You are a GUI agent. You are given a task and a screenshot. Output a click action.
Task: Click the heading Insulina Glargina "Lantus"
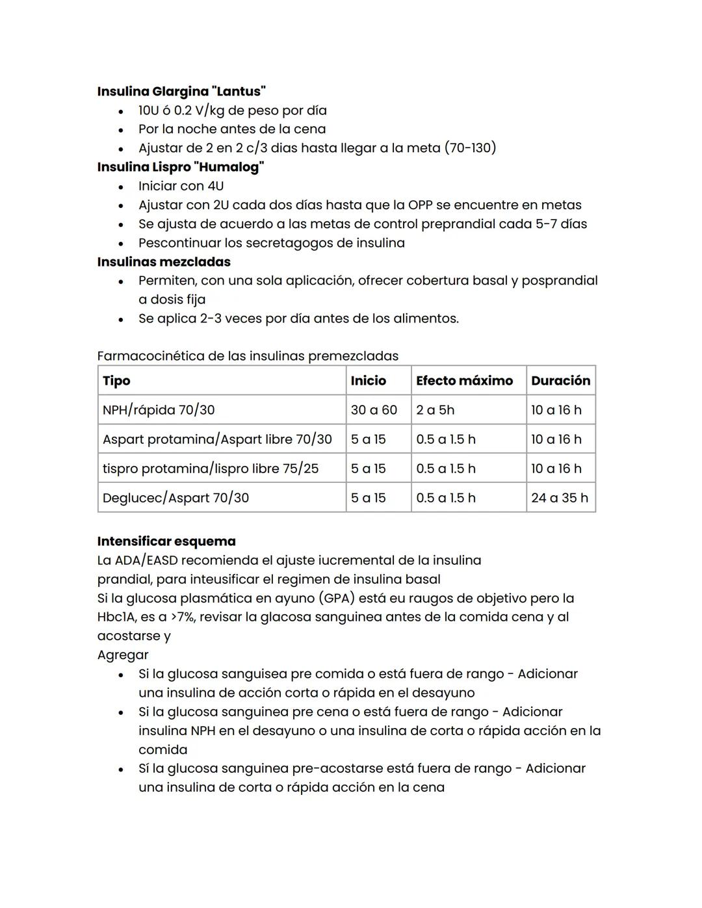tap(181, 92)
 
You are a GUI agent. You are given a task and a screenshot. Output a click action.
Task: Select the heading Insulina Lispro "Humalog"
tap(180, 167)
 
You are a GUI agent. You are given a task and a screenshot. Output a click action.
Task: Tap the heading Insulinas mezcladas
tap(164, 262)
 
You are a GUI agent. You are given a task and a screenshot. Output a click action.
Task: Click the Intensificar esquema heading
tap(166, 541)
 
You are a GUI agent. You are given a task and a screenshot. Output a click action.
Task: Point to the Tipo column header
tap(116, 381)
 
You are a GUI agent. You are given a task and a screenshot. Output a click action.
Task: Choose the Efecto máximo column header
tap(464, 381)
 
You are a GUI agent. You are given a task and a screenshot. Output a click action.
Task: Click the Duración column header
tap(560, 381)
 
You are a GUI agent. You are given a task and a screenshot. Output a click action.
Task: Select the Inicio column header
tap(368, 381)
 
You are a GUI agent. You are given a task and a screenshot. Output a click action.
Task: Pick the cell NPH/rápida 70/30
tap(159, 410)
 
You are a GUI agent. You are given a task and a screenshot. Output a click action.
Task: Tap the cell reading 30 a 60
tap(374, 410)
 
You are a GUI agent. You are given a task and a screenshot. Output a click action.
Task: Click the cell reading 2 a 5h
tap(435, 410)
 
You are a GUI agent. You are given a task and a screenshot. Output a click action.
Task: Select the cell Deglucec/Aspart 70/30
tap(175, 498)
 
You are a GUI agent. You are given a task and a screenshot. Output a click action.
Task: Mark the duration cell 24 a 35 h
tap(559, 498)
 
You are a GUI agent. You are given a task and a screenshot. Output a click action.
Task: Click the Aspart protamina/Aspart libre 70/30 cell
tap(217, 439)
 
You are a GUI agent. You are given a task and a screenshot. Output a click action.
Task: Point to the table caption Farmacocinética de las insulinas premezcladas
tap(248, 356)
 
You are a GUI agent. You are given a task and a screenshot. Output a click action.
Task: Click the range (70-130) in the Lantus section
tap(470, 148)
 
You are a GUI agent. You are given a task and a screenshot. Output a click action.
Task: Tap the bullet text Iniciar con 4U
tap(181, 186)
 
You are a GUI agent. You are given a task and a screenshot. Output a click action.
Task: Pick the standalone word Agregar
tap(123, 655)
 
